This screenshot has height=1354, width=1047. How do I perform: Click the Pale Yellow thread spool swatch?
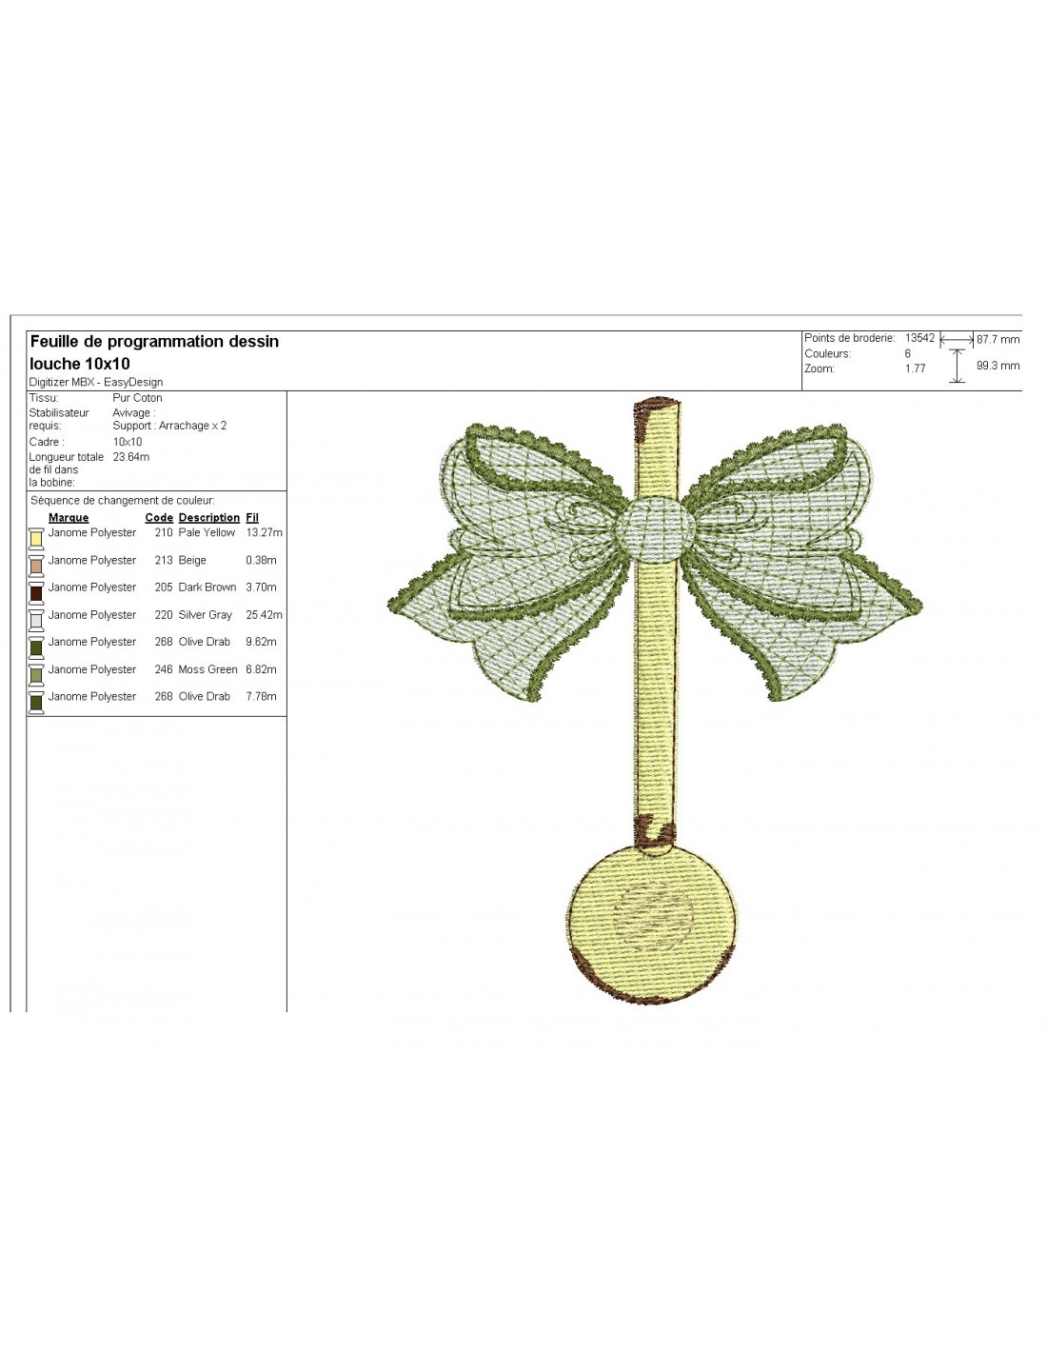click(36, 538)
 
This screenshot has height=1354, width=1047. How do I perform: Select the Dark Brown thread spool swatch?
click(36, 592)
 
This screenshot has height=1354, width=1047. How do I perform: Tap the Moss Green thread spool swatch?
click(36, 675)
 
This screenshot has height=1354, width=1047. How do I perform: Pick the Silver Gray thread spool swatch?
click(36, 620)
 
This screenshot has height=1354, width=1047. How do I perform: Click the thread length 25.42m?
click(264, 615)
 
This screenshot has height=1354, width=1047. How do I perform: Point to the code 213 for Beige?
click(163, 560)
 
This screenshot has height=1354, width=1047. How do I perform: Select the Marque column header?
click(69, 517)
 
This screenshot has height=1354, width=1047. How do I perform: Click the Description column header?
click(208, 517)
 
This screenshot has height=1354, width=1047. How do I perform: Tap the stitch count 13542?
click(919, 338)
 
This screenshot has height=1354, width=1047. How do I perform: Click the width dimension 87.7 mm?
click(998, 340)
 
